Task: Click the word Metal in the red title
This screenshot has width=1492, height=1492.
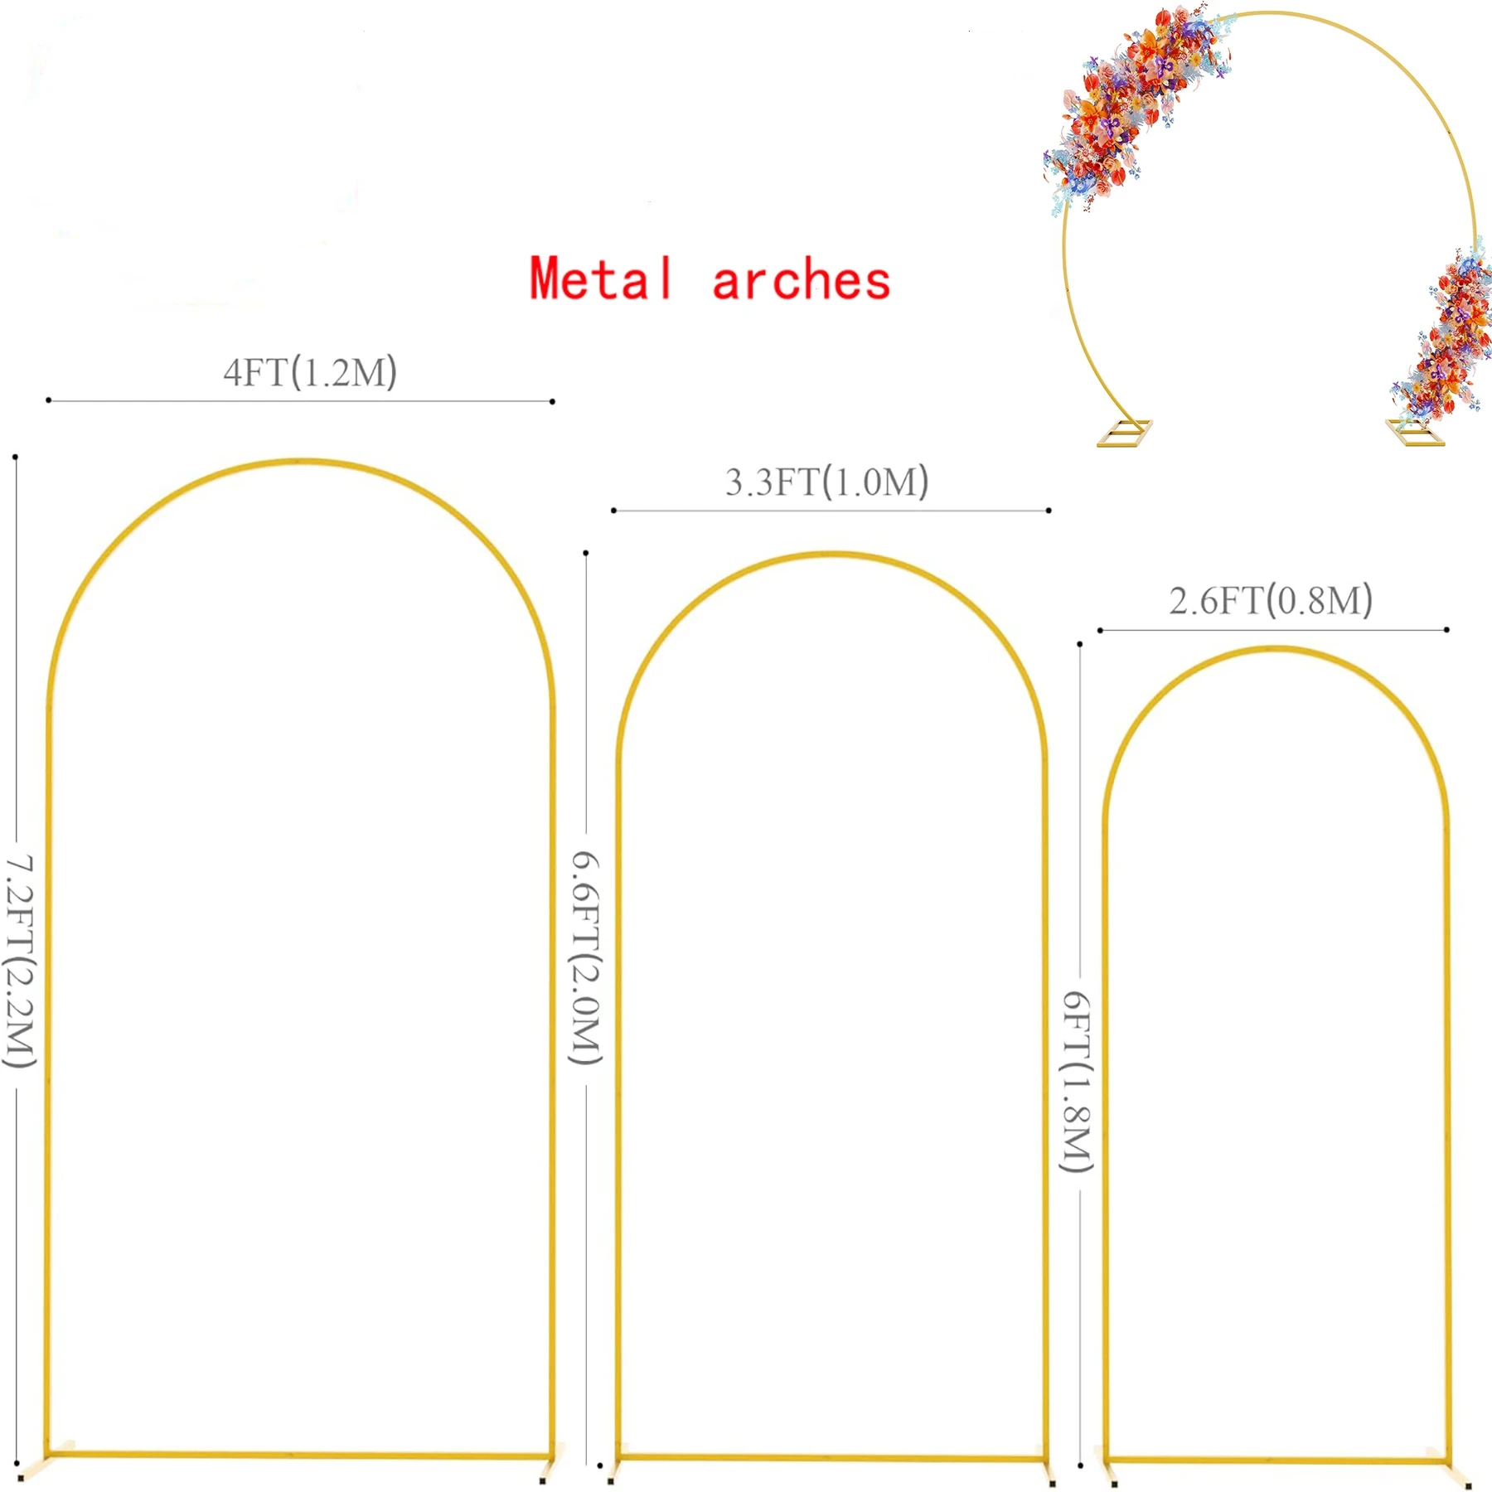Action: pos(601,279)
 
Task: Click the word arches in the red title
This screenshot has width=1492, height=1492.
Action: pos(801,280)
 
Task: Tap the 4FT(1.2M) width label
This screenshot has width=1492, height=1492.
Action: pos(310,372)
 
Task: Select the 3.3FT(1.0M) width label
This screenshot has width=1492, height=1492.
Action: pos(827,482)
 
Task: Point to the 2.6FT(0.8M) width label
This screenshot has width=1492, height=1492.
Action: pos(1271,600)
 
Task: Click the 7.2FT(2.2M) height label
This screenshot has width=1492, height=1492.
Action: pos(20,962)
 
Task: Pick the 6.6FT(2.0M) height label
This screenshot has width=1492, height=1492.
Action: pos(585,957)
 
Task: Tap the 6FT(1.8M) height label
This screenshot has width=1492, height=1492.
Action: pos(1078,1082)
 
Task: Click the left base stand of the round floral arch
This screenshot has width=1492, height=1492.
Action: pos(1125,433)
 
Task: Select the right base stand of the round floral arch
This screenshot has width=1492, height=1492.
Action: pos(1415,432)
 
